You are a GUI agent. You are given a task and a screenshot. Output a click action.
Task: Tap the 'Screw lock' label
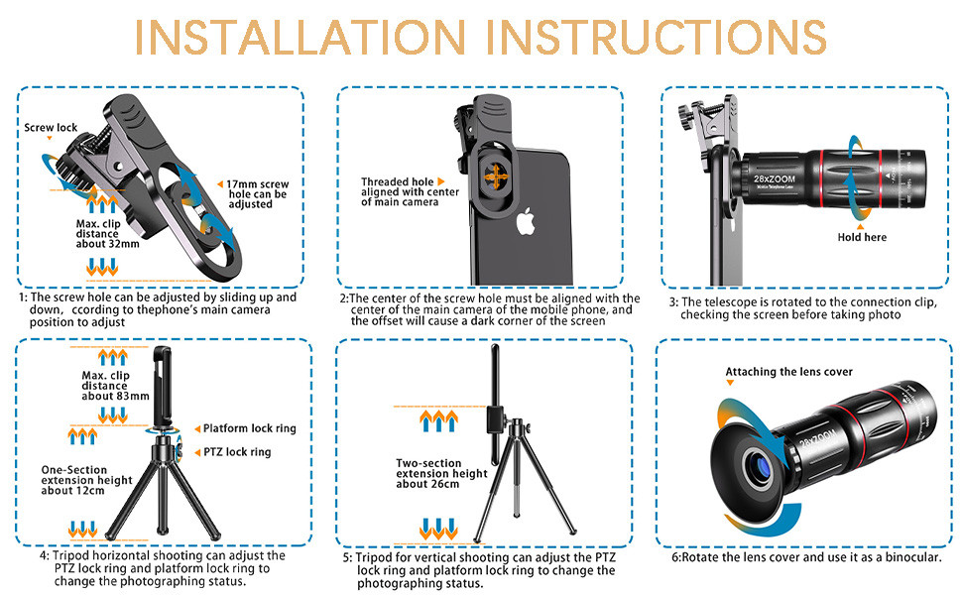pos(52,128)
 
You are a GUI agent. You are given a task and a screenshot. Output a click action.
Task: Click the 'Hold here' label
pos(862,237)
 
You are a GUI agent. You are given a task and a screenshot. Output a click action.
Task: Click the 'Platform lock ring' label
pos(249,428)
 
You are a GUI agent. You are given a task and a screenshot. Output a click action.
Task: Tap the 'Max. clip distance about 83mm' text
pos(116,385)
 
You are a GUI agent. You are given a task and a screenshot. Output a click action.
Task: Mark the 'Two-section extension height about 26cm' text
pos(441,473)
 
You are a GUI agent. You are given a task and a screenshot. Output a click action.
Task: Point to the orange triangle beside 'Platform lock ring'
pos(195,428)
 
